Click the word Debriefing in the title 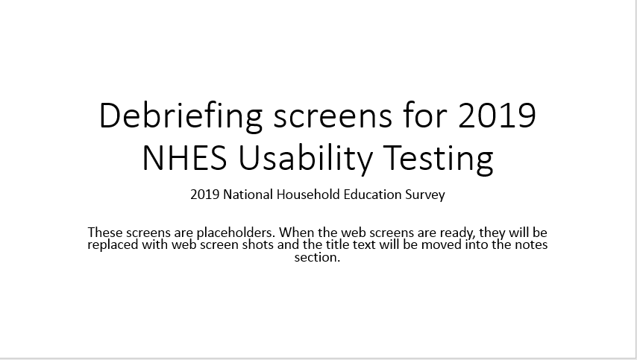pos(181,116)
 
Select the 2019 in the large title pos(497,116)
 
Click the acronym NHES pos(184,157)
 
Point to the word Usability pos(304,160)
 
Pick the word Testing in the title pos(439,160)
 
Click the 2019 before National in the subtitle pos(205,195)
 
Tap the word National pos(248,195)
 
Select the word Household pos(308,195)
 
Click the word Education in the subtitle pos(372,195)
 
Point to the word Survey pos(425,195)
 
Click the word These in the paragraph pos(105,233)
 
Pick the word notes pos(530,245)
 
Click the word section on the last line pos(317,257)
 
